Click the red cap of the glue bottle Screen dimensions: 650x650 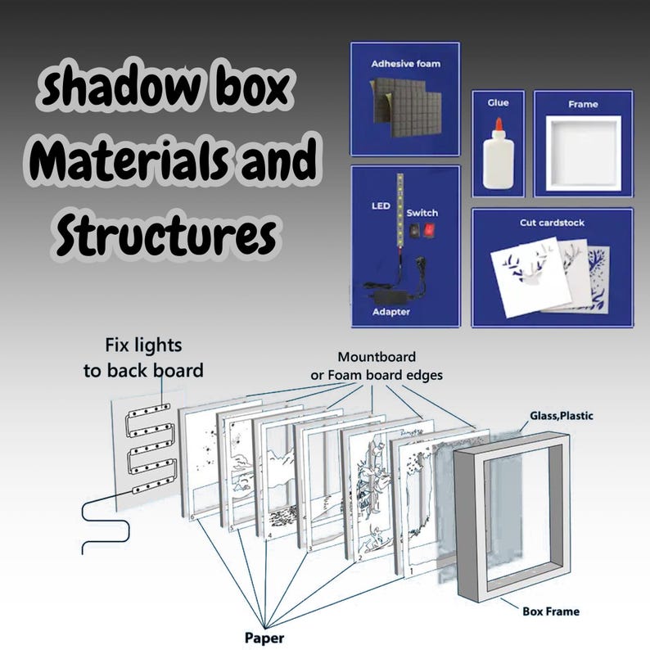tap(499, 124)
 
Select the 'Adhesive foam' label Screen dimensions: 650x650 tap(406, 64)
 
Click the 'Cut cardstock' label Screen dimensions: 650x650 tap(552, 223)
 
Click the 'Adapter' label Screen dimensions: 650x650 tap(391, 312)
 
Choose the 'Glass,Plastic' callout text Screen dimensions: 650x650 tap(562, 416)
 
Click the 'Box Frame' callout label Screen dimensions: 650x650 tap(551, 612)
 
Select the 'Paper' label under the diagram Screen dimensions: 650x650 tap(264, 638)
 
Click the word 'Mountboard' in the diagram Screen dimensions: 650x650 tap(377, 357)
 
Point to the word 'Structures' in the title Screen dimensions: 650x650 tap(166, 234)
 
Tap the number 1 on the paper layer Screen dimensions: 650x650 tap(411, 571)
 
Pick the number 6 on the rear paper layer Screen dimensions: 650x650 tap(192, 517)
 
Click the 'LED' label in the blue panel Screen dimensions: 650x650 tap(381, 205)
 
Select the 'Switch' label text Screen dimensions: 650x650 tap(422, 213)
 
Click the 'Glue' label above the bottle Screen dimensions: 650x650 tap(498, 103)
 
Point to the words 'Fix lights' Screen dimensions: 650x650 tap(143, 345)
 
